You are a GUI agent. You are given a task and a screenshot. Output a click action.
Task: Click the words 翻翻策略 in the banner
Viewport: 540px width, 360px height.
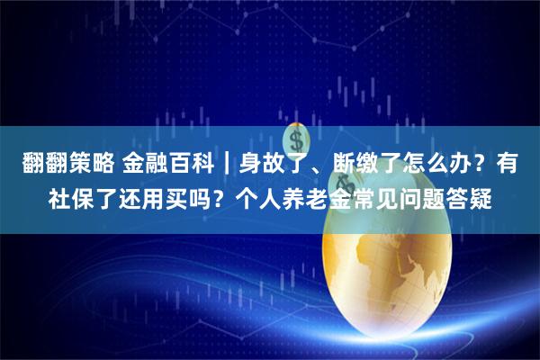63,163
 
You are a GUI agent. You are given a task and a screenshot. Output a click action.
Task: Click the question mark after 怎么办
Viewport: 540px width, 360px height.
477,163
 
